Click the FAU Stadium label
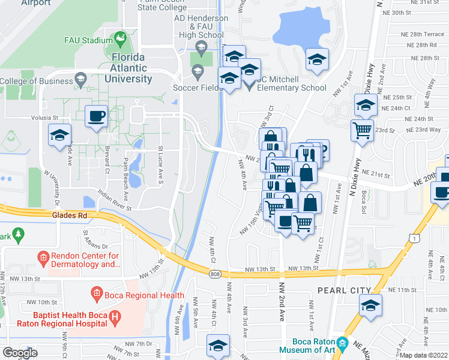pyautogui.click(x=88, y=41)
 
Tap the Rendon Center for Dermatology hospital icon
pyautogui.click(x=43, y=259)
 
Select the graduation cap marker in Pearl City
pyautogui.click(x=371, y=305)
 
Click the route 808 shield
pyautogui.click(x=215, y=274)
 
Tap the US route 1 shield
pyautogui.click(x=414, y=238)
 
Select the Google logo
pyautogui.click(x=20, y=352)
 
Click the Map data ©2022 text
pyautogui.click(x=424, y=355)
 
